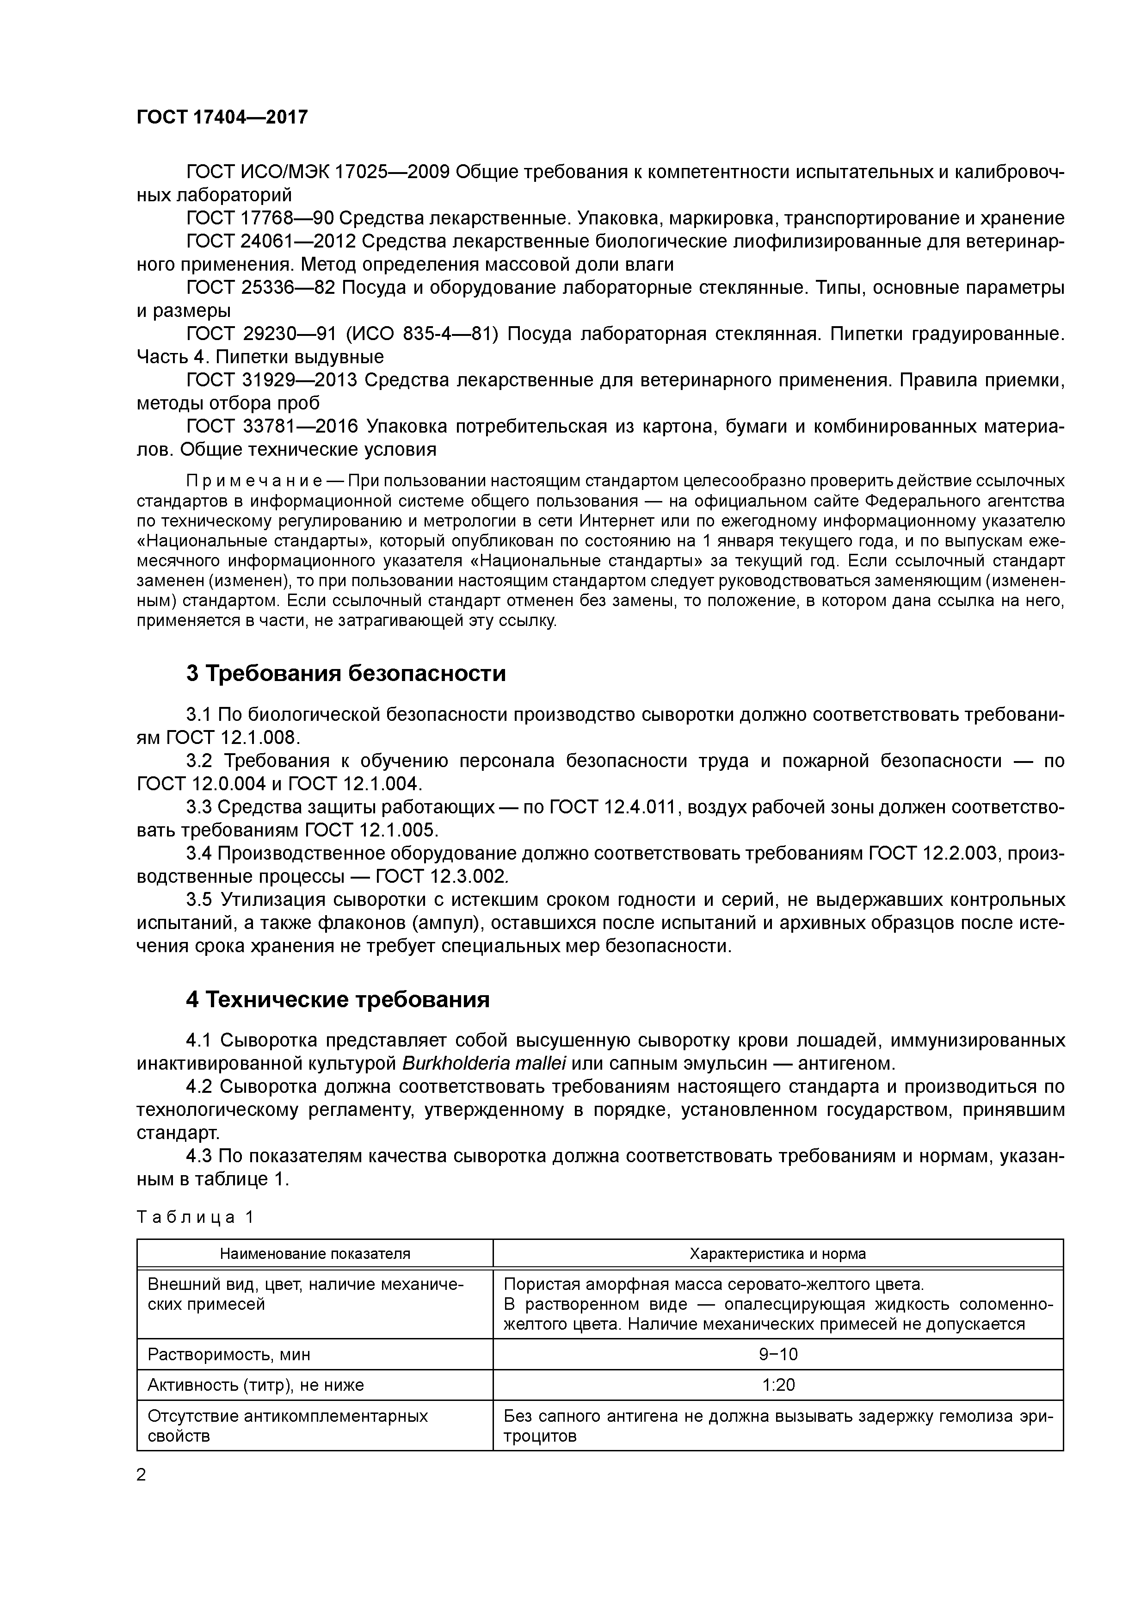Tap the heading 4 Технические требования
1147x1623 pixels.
pos(337,999)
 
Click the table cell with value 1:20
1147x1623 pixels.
pos(778,1385)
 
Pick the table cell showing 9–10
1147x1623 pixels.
pos(778,1354)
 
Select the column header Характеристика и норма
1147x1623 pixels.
pos(777,1253)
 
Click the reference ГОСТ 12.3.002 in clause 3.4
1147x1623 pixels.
pos(441,877)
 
